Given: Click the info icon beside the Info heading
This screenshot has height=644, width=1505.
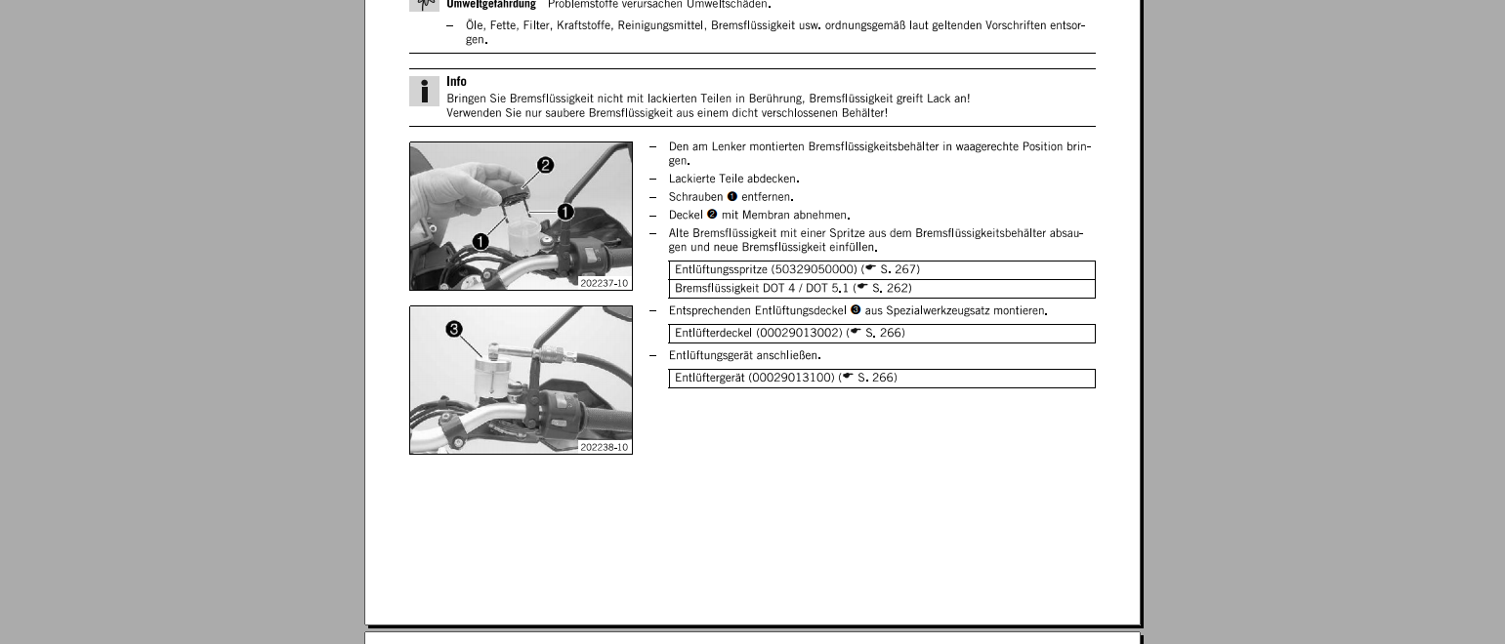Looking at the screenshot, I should (424, 92).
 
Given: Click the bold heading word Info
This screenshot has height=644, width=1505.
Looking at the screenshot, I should (456, 82).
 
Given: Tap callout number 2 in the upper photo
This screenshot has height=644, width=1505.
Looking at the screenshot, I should (545, 166).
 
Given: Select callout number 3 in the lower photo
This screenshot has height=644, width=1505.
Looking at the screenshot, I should (454, 330).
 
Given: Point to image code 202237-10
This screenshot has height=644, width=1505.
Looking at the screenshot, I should (605, 283).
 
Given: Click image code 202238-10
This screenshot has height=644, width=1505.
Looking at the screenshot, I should (605, 447).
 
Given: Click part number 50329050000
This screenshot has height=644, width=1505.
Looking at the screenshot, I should (815, 269).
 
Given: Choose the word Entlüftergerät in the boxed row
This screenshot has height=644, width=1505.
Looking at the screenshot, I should (709, 378).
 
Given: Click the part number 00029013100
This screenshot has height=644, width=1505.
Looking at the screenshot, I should (791, 378).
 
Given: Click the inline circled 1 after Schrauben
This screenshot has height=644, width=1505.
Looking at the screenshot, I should (732, 197).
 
